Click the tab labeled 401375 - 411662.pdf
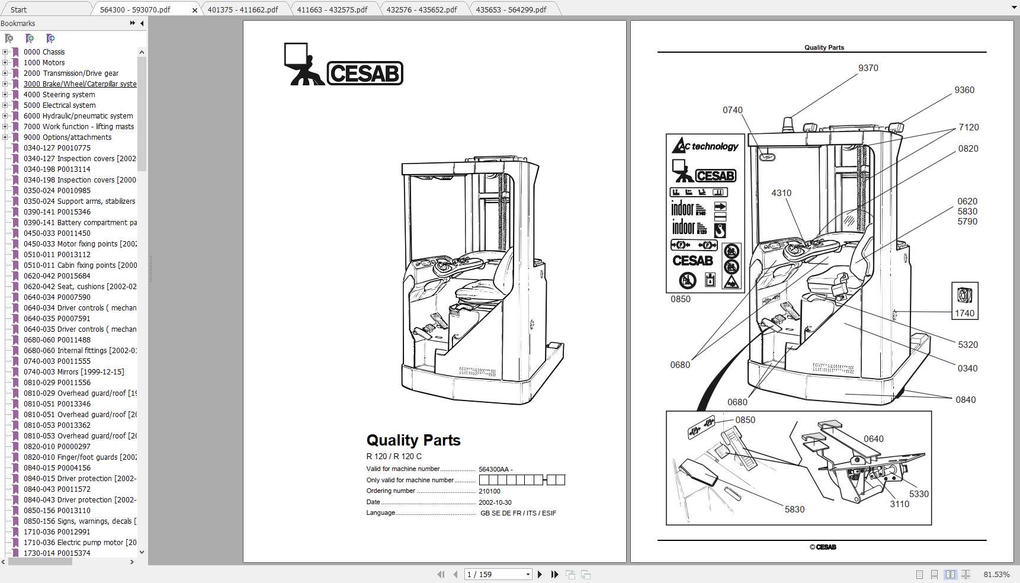pyautogui.click(x=243, y=9)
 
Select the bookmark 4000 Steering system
pyautogui.click(x=59, y=95)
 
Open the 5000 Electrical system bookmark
pyautogui.click(x=59, y=105)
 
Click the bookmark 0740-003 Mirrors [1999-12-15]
pyautogui.click(x=73, y=372)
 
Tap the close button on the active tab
pyautogui.click(x=195, y=10)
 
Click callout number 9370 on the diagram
pyautogui.click(x=868, y=68)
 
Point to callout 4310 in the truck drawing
pyautogui.click(x=781, y=193)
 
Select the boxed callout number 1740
pyautogui.click(x=964, y=313)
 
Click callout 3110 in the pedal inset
pyautogui.click(x=899, y=504)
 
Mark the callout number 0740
pyautogui.click(x=732, y=110)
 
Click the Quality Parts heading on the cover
pyautogui.click(x=413, y=440)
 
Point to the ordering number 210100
pyautogui.click(x=489, y=491)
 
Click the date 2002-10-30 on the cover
pyautogui.click(x=495, y=502)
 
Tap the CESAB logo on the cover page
pyautogui.click(x=344, y=65)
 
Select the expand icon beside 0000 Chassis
pyautogui.click(x=5, y=52)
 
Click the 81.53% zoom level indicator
pyautogui.click(x=996, y=574)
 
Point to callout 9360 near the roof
pyautogui.click(x=964, y=90)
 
